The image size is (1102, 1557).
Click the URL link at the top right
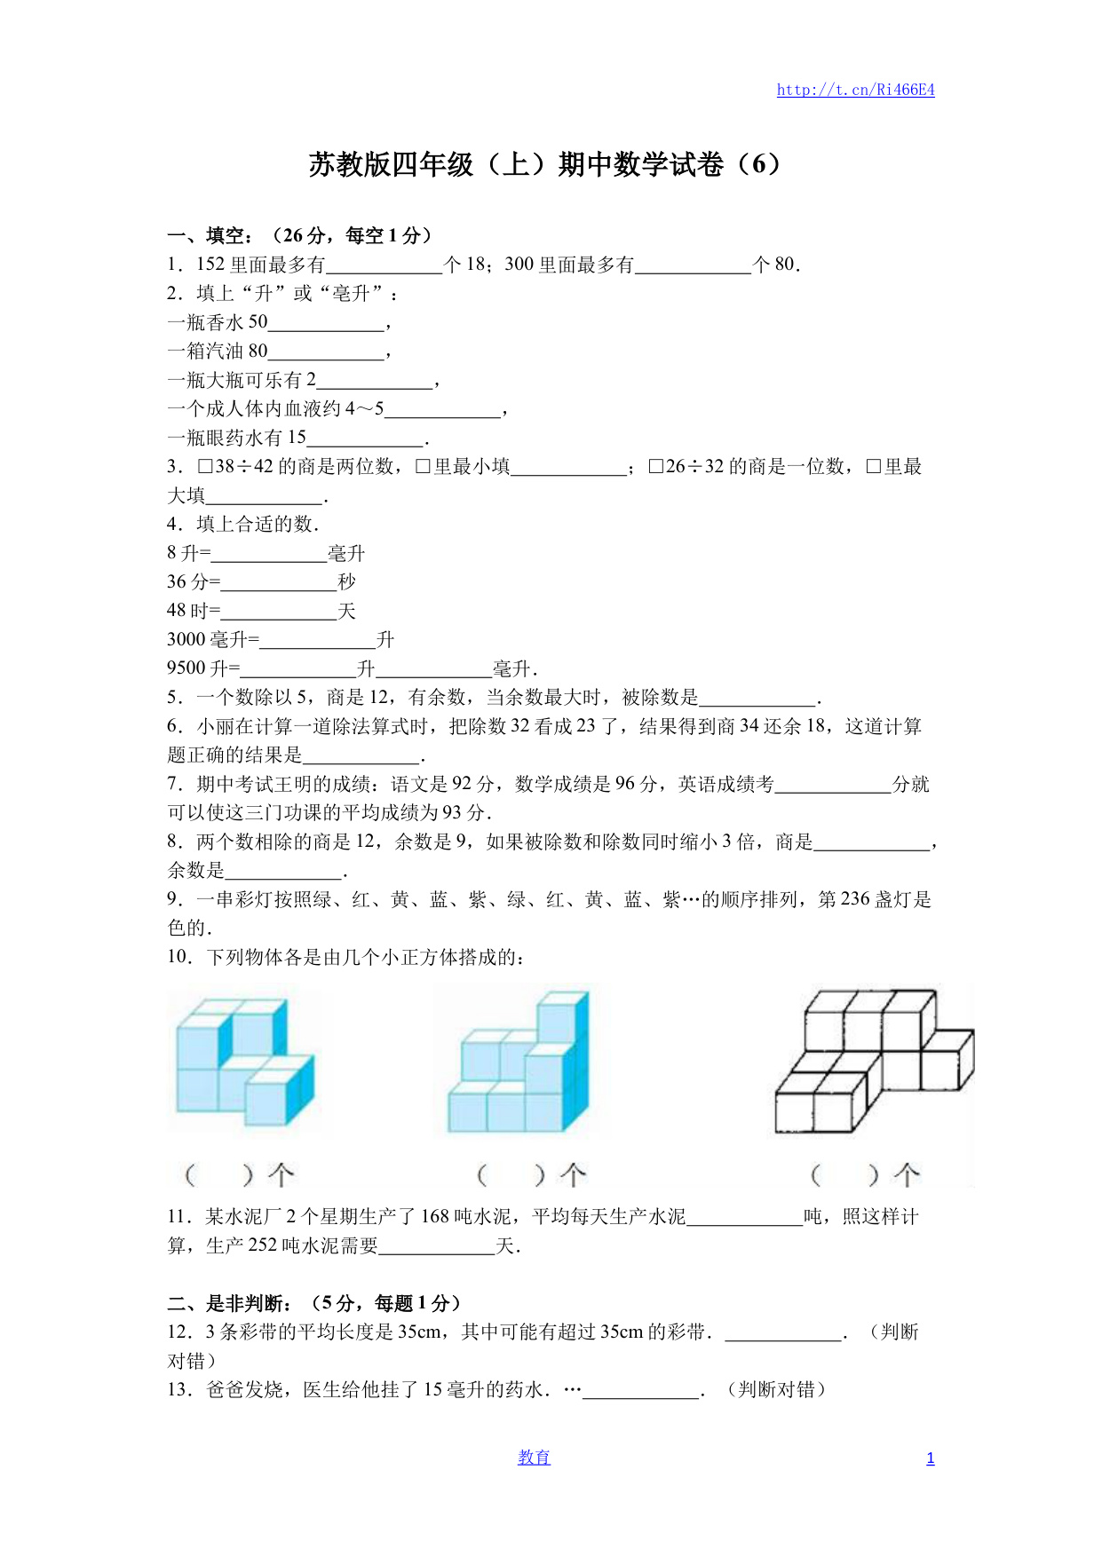(x=855, y=90)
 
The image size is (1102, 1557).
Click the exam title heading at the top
(x=544, y=164)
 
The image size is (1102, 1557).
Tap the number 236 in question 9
(x=855, y=899)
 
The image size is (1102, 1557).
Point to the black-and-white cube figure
(x=874, y=1062)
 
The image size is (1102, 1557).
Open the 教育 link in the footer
(x=534, y=1458)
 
